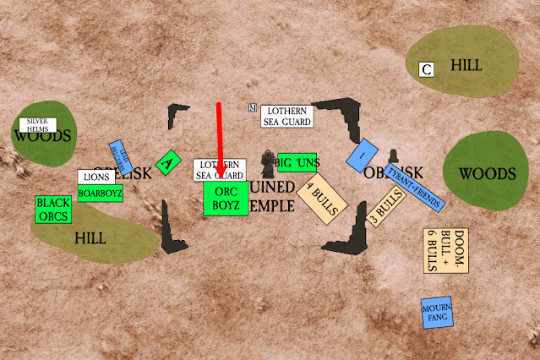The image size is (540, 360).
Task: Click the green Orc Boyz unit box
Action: [226, 198]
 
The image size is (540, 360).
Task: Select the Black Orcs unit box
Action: [53, 210]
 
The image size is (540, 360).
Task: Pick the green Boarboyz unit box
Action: [101, 194]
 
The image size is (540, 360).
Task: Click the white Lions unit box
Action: [95, 177]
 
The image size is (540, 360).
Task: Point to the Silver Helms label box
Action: [38, 125]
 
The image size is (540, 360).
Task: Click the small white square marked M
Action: [253, 107]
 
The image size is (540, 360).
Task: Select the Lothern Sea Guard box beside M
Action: [286, 117]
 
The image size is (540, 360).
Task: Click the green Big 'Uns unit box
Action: [296, 162]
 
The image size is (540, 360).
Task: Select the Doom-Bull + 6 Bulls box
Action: [445, 251]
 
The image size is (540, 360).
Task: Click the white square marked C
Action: [427, 70]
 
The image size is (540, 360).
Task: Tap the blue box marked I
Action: [362, 155]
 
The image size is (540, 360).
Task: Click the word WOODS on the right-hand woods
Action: [486, 174]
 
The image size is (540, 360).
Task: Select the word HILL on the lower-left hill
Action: [90, 238]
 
